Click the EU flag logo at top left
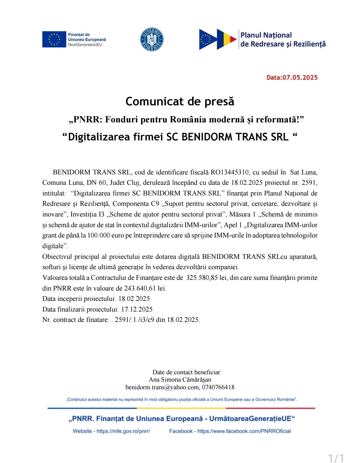click(54, 39)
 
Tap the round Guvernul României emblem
click(152, 39)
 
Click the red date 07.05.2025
click(300, 77)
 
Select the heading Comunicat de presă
click(180, 101)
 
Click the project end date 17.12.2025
click(137, 309)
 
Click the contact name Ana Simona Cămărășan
click(180, 380)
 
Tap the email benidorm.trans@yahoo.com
click(162, 387)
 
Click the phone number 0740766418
click(218, 387)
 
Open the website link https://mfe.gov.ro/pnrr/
click(123, 431)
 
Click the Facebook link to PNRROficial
click(244, 431)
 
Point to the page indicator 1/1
click(336, 457)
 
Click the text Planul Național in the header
click(266, 35)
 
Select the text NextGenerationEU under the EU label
click(85, 45)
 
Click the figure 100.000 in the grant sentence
click(99, 235)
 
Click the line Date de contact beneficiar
click(187, 372)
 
